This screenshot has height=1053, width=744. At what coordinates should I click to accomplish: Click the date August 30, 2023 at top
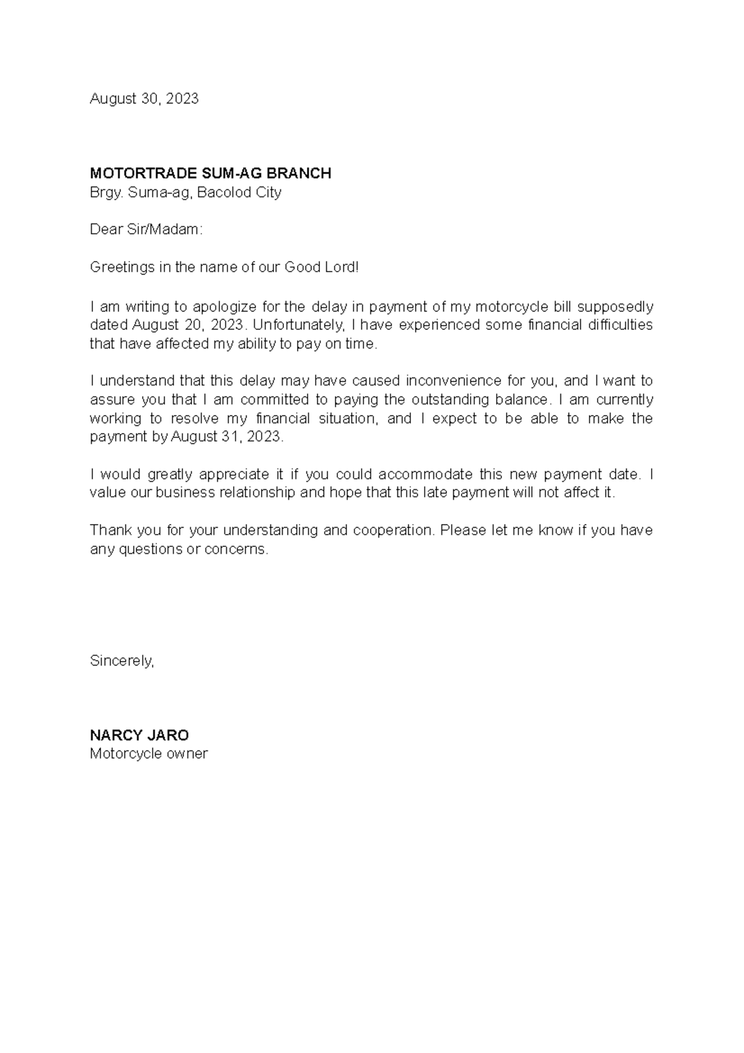(x=144, y=99)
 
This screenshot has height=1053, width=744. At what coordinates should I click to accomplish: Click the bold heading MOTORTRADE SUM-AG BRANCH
(x=210, y=173)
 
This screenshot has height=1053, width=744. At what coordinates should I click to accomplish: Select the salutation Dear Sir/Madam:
(x=146, y=229)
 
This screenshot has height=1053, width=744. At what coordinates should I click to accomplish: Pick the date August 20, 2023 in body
(x=189, y=325)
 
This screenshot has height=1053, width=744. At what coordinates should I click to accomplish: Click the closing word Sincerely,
(x=122, y=661)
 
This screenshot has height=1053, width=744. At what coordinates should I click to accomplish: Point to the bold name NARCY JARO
(x=139, y=735)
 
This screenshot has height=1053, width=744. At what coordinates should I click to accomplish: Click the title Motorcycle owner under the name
(x=149, y=754)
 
